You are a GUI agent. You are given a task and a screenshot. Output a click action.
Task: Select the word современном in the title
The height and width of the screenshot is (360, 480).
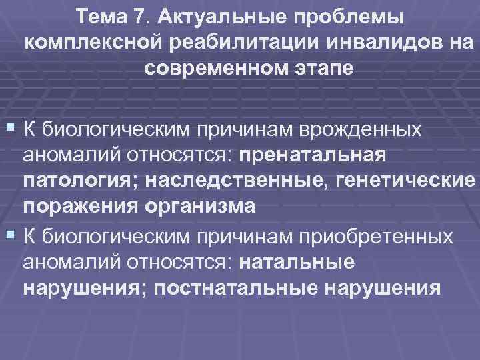(x=213, y=68)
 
